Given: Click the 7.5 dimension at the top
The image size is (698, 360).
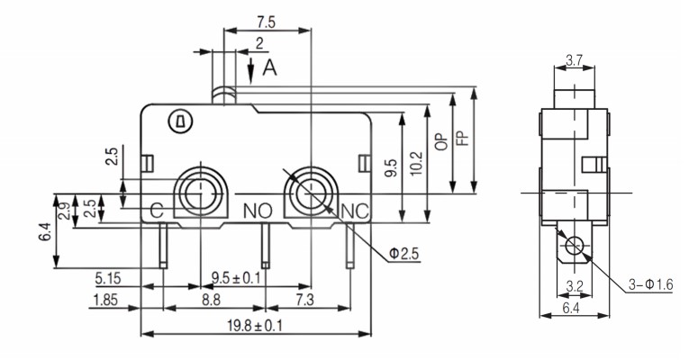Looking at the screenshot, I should (x=267, y=21).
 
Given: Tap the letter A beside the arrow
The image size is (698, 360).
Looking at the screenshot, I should (x=269, y=67).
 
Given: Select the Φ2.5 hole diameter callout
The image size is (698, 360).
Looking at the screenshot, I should (x=405, y=255).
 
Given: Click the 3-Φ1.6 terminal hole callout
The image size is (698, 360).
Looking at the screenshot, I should (x=652, y=285).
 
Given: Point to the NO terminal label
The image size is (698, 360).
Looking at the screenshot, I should (x=258, y=211).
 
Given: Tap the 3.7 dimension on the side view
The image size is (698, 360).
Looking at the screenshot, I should (x=573, y=61).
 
